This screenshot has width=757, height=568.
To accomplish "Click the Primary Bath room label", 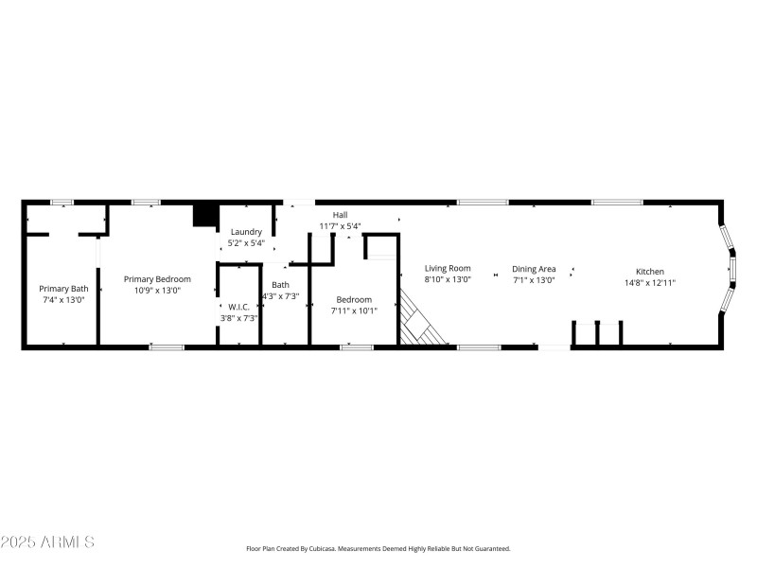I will click(63, 289).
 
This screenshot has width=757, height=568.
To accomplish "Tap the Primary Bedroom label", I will click(157, 279).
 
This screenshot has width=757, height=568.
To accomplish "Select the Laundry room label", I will click(246, 232).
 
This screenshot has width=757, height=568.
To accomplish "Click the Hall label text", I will click(340, 215).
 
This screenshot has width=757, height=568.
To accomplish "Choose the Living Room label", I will click(448, 269).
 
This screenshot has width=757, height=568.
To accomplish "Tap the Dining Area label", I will click(534, 269).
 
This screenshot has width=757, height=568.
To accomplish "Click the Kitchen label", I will click(649, 272).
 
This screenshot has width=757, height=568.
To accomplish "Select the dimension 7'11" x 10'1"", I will click(354, 311).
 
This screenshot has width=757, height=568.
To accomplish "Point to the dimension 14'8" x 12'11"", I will click(649, 282).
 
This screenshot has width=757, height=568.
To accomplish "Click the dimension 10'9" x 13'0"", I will click(157, 291).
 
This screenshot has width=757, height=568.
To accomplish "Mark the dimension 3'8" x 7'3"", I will click(238, 317).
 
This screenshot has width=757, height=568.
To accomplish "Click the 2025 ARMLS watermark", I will click(47, 542).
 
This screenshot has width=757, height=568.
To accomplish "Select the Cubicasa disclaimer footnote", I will click(378, 548).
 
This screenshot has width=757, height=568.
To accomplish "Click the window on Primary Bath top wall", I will click(62, 202).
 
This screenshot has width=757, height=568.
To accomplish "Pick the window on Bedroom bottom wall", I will click(356, 347).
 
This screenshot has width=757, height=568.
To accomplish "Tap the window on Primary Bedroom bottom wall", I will click(166, 347).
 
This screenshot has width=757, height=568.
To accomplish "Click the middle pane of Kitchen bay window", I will click(731, 272).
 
